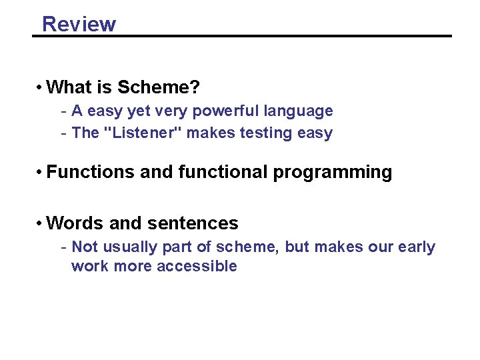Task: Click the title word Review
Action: (79, 24)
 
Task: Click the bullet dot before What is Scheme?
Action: (41, 87)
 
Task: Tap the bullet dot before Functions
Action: (41, 172)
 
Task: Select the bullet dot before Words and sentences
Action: (41, 223)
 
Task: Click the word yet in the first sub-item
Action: (143, 111)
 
